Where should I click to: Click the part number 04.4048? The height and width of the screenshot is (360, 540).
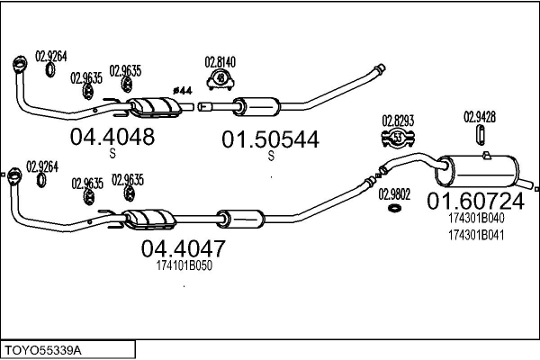coord(112,136)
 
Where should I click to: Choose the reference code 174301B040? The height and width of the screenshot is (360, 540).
coord(475,217)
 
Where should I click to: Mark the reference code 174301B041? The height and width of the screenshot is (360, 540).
coord(475,235)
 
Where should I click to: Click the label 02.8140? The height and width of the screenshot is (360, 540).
coord(220,61)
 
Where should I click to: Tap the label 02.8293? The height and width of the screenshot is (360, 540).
coord(397,119)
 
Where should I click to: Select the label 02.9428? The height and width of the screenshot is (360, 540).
coord(480,115)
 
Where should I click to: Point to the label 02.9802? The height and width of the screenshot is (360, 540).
coord(394,193)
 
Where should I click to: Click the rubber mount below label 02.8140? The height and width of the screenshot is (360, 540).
coord(220,82)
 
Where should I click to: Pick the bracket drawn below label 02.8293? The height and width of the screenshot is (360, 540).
coord(397,138)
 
